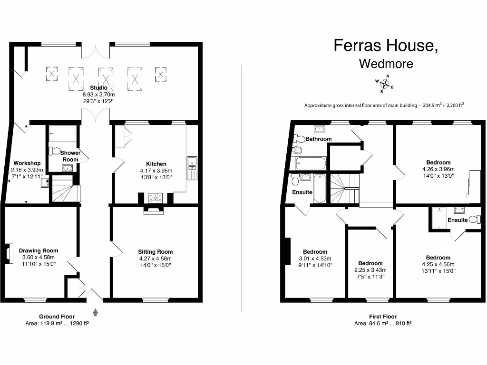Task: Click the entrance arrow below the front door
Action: pos(96,312)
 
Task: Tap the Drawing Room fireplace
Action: pos(9,253)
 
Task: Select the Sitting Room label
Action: pos(156,252)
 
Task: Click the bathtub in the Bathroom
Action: pos(311,164)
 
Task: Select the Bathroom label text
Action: pos(318,139)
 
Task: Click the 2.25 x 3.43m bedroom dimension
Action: pos(370,270)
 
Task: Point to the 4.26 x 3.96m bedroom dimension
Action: pos(438,169)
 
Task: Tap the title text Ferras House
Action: pos(385,45)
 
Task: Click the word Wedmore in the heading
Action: pos(386,63)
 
